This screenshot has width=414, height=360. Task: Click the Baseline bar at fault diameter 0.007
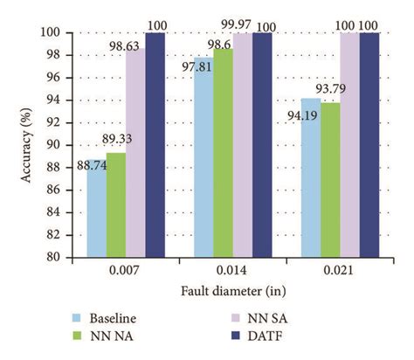tap(96, 209)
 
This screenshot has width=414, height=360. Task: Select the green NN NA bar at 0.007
tap(116, 205)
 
